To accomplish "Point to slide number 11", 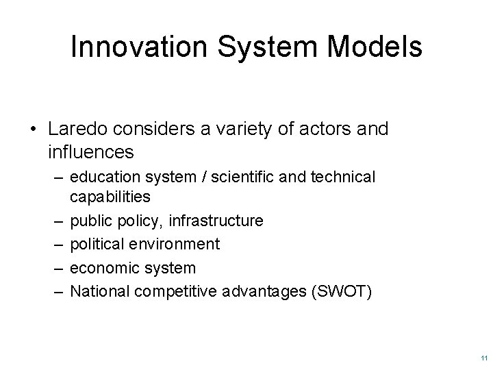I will (x=483, y=357).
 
